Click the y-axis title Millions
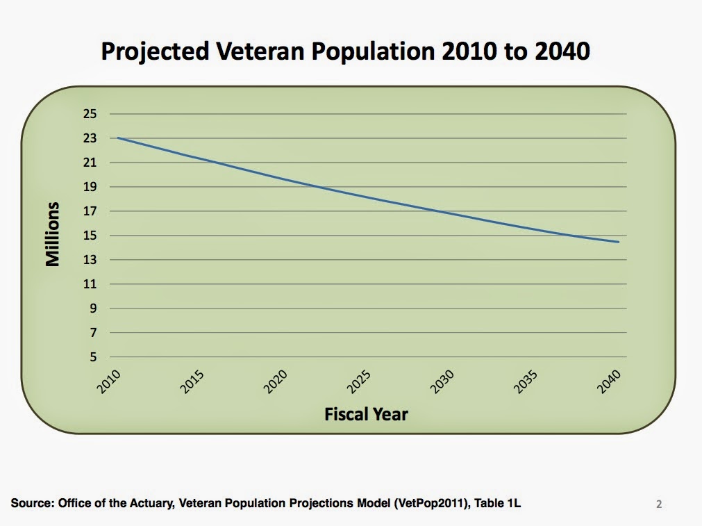pos(53,235)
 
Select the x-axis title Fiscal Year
pos(366,415)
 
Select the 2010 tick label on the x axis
pos(110,382)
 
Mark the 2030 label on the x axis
pos(443,382)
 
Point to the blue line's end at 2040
pos(618,242)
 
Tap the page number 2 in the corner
pos(659,504)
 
